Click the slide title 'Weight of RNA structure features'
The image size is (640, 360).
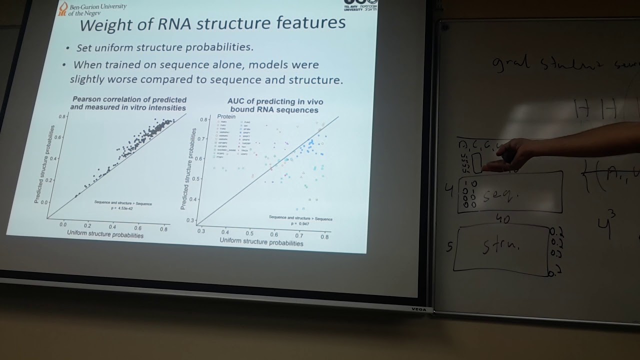point(212,23)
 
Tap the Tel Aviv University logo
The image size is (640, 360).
point(360,5)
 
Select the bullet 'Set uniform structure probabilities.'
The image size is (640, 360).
point(164,47)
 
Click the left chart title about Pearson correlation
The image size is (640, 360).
point(128,103)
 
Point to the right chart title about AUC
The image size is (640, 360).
point(275,105)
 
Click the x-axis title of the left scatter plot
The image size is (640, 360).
point(105,235)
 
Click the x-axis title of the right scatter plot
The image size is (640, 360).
point(261,242)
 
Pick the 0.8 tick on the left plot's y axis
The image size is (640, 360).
point(62,116)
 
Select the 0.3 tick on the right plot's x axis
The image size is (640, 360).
point(201,230)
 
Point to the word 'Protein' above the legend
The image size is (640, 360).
point(226,117)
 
